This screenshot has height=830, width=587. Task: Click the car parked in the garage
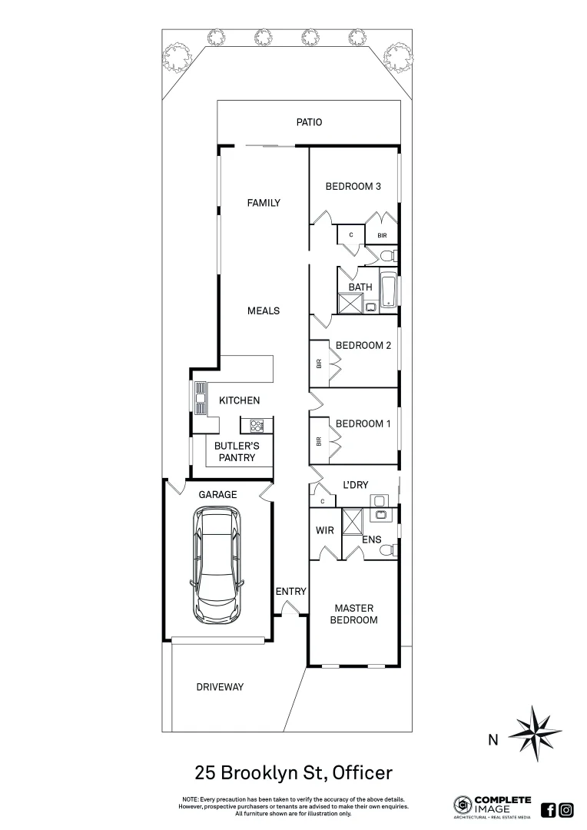click(x=217, y=566)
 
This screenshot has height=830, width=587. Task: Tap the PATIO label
click(x=309, y=122)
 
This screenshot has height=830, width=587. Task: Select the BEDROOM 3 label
click(x=353, y=186)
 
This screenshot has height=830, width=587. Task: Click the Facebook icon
click(x=549, y=809)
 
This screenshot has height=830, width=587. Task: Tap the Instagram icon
click(x=566, y=809)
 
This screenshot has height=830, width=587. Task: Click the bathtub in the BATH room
click(x=390, y=292)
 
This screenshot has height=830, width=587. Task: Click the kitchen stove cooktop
click(x=257, y=424)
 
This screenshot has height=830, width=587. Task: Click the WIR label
click(x=323, y=531)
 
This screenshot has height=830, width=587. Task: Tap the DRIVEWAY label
click(x=219, y=687)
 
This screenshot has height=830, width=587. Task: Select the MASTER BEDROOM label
click(x=354, y=614)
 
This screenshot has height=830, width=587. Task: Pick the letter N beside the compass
click(x=492, y=741)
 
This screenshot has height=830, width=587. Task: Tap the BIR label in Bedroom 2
click(x=318, y=364)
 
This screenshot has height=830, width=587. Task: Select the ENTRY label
click(x=291, y=592)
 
